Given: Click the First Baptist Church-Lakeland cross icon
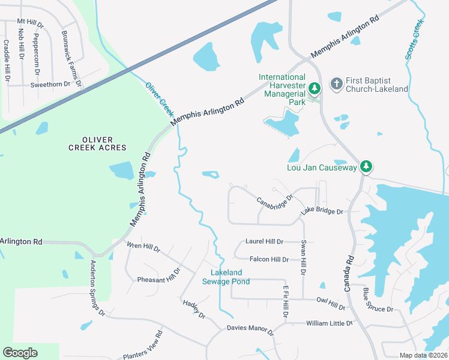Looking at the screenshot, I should pos(337,83).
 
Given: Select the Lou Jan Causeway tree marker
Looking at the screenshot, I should pos(366,167).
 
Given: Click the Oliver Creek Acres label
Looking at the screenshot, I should pos(97,143).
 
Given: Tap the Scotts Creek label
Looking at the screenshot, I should pos(414,38).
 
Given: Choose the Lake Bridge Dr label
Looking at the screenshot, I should pos(322,212).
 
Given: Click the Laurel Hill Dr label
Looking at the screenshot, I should pos(264,241).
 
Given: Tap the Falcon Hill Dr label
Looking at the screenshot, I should pos(270,259).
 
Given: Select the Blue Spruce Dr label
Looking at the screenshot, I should pos(378,302).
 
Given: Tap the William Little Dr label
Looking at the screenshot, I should pos(329,323).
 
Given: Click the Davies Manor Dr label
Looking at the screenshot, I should pos(250,329).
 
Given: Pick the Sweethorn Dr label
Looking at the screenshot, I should pos(50,85).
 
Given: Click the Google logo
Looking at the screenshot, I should pos(20,353).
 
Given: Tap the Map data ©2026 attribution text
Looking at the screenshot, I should pos(423,355).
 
